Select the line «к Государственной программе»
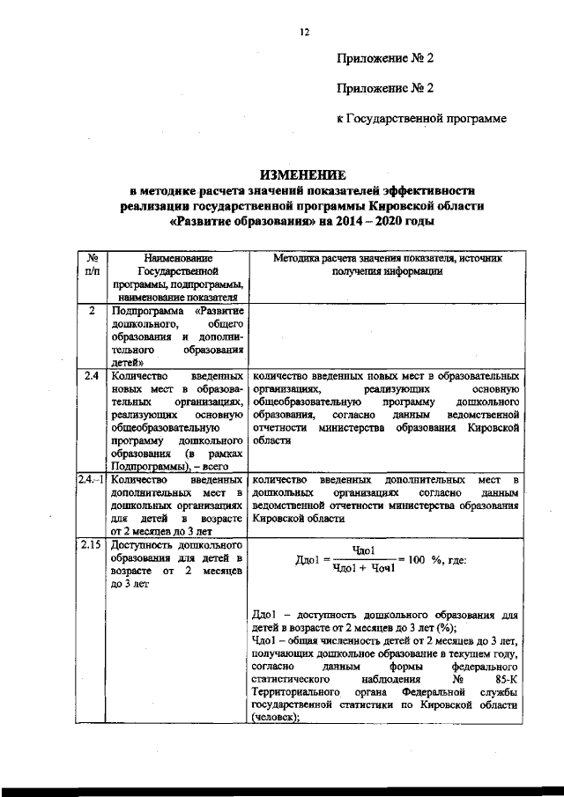click(x=422, y=118)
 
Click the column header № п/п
click(x=92, y=265)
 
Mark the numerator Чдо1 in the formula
click(x=364, y=550)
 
